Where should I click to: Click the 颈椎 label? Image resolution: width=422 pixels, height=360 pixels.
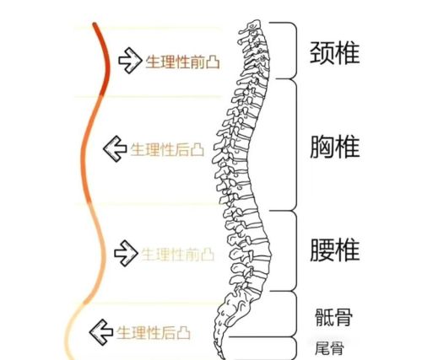tap(334, 53)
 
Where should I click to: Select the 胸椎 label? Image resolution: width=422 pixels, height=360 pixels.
tap(334, 147)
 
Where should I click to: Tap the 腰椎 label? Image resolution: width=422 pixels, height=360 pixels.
tap(334, 250)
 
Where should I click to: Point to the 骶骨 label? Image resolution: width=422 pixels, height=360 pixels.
tap(333, 317)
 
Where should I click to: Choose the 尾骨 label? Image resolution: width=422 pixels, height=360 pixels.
tap(329, 348)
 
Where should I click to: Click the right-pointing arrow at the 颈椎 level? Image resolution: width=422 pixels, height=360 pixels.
tap(130, 61)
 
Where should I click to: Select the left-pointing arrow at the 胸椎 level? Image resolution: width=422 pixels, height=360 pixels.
tap(115, 148)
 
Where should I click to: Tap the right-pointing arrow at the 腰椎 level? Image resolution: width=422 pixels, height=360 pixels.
tap(126, 253)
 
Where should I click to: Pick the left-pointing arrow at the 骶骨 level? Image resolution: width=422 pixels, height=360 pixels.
tap(101, 332)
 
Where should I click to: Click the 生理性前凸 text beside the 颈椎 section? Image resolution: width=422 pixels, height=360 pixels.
tap(182, 62)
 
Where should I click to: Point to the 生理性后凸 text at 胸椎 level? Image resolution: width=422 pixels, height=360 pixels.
tap(167, 149)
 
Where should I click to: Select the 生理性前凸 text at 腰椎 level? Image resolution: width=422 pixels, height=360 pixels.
tap(178, 255)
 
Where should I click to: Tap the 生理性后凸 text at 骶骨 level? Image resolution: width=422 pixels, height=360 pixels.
tap(154, 333)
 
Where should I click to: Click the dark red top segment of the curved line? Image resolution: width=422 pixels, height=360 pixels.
tap(107, 59)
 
